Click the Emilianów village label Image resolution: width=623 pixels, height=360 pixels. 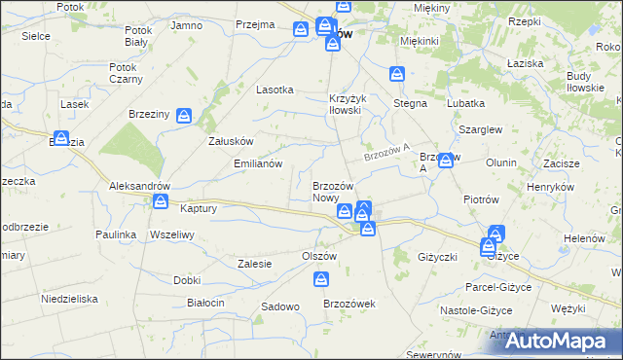pos(257,163)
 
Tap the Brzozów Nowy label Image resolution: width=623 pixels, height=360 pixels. pos(338,191)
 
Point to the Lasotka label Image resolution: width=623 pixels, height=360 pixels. pos(275,89)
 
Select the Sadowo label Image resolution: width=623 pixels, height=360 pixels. pos(279,306)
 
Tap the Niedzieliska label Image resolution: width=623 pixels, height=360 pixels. pos(68,299)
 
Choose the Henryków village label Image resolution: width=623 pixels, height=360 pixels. pos(550,186)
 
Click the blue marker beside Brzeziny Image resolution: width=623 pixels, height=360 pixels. pos(184,116)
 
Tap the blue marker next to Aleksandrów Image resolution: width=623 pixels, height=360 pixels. pos(160,201)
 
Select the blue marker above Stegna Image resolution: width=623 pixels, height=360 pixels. pos(397,73)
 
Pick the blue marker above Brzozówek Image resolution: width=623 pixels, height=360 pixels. pos(322,280)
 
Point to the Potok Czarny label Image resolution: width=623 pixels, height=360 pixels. pos(127,73)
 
